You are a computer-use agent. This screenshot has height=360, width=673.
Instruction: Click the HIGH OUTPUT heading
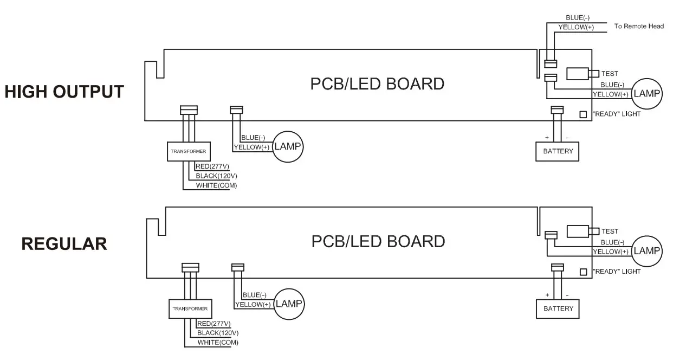(x=64, y=92)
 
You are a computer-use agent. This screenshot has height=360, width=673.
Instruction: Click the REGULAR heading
(x=64, y=244)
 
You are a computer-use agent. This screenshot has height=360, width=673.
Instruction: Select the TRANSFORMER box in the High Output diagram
(x=188, y=152)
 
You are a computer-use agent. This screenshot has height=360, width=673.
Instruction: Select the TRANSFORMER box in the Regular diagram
(x=190, y=308)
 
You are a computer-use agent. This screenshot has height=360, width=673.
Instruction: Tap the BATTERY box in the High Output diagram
(x=558, y=151)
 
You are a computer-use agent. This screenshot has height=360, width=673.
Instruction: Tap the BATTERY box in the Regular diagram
(x=558, y=308)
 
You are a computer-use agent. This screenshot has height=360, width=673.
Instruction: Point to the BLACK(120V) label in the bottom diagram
(x=218, y=332)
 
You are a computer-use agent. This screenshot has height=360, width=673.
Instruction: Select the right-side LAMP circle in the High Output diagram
(x=648, y=93)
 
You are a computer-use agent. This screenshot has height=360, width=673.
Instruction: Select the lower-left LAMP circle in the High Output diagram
(x=287, y=146)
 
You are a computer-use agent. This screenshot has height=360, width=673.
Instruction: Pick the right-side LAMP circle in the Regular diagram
(x=648, y=250)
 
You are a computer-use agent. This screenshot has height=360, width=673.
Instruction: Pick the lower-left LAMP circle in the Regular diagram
(x=289, y=303)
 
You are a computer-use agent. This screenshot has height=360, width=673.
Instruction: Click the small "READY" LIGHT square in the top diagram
(x=583, y=114)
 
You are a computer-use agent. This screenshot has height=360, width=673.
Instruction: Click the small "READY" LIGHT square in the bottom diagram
(x=583, y=272)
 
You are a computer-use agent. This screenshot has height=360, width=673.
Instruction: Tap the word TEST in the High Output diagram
(x=610, y=74)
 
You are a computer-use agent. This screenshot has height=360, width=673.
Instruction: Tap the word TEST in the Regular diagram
(x=610, y=231)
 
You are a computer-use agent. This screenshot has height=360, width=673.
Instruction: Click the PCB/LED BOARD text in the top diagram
(x=377, y=84)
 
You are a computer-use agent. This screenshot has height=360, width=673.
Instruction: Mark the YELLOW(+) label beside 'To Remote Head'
(x=575, y=27)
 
